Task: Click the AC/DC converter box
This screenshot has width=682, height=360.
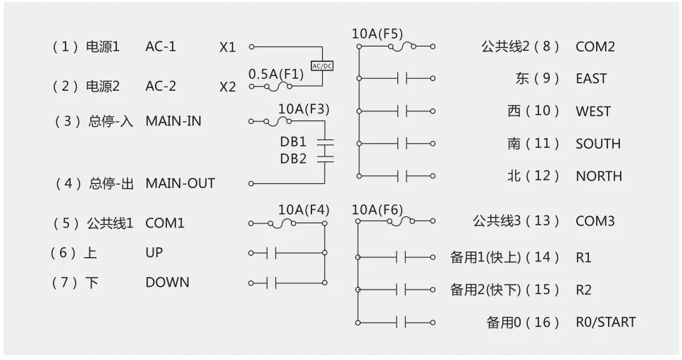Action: tap(322, 66)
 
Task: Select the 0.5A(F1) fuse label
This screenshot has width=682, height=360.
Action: tap(276, 73)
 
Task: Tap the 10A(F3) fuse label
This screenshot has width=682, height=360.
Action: tap(304, 109)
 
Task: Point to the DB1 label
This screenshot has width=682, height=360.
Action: tap(293, 142)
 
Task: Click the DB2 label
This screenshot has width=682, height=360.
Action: tap(293, 159)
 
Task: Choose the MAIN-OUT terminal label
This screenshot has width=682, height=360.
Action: tap(180, 183)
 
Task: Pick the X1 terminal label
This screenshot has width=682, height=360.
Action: tap(228, 47)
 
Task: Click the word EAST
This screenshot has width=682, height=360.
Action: tap(590, 79)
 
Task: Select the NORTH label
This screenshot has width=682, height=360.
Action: tap(599, 176)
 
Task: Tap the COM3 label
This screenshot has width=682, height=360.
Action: tap(595, 221)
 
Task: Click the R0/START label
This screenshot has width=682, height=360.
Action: tap(605, 323)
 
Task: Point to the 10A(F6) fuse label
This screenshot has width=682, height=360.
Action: tap(377, 209)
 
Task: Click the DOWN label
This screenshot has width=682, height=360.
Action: tap(167, 283)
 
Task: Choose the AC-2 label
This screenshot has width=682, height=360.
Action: tap(161, 87)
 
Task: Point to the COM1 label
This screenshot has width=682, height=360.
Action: tap(165, 223)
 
